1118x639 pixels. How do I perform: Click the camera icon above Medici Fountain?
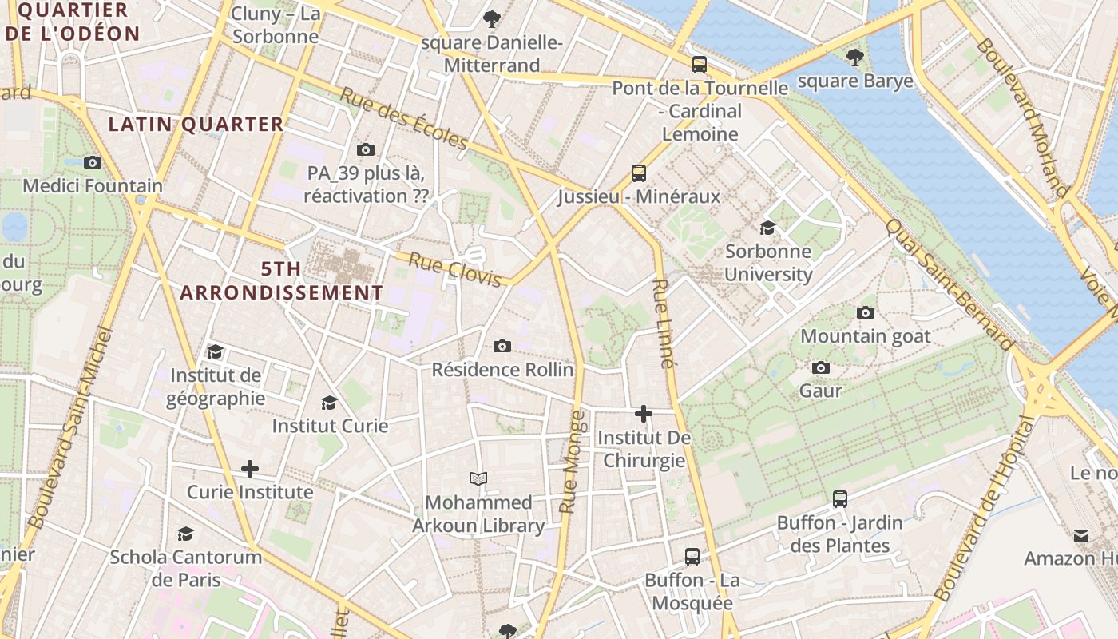pos(93,162)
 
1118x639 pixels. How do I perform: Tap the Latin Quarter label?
pos(196,124)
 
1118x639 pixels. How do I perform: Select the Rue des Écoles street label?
pos(404,119)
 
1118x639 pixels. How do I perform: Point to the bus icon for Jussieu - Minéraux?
pos(638,173)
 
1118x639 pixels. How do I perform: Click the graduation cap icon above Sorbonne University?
pos(767,228)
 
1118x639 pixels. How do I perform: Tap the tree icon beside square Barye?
pos(855,58)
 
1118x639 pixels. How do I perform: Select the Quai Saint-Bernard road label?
pos(949,284)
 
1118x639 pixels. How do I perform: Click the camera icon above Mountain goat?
pos(865,312)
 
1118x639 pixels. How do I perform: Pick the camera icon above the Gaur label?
pos(820,367)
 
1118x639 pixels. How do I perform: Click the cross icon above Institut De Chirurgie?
pos(643,414)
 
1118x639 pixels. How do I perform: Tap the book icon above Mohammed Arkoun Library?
pos(478,478)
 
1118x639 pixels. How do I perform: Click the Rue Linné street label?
pos(663,323)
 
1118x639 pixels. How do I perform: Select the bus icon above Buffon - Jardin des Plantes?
pos(839,499)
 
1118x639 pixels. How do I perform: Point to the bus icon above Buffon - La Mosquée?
pos(692,556)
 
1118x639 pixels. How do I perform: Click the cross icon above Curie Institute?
pos(250,468)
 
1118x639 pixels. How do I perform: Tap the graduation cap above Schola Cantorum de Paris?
pos(185,534)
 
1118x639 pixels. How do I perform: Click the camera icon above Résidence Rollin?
pos(502,346)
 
